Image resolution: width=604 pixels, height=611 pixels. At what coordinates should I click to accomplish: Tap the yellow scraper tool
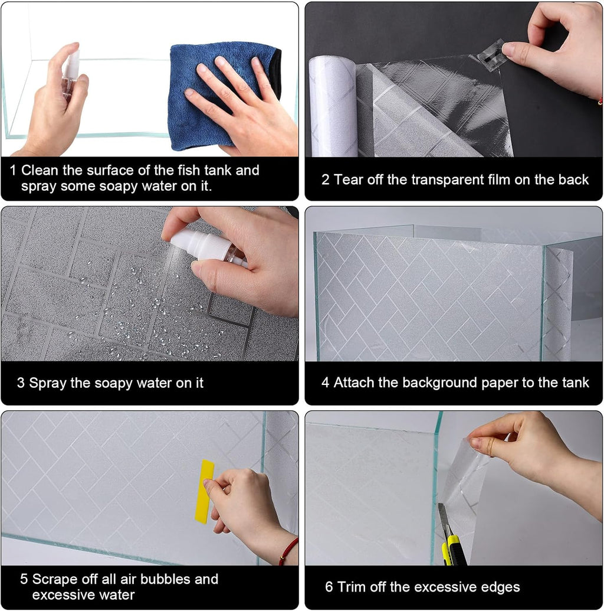click(x=205, y=492)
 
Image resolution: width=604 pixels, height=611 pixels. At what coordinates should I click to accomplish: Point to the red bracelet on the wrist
click(x=288, y=551)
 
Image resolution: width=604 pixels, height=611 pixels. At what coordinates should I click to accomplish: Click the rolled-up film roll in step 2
click(x=333, y=106)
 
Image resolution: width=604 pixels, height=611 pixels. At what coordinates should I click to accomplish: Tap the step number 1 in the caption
click(x=13, y=171)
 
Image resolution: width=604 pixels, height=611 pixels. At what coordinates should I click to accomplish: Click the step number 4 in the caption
click(x=325, y=383)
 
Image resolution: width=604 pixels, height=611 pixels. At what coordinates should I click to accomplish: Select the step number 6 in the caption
click(x=329, y=587)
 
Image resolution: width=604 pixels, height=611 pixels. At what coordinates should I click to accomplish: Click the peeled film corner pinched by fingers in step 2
click(x=491, y=55)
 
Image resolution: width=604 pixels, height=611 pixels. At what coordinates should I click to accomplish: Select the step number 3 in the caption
click(x=21, y=383)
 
